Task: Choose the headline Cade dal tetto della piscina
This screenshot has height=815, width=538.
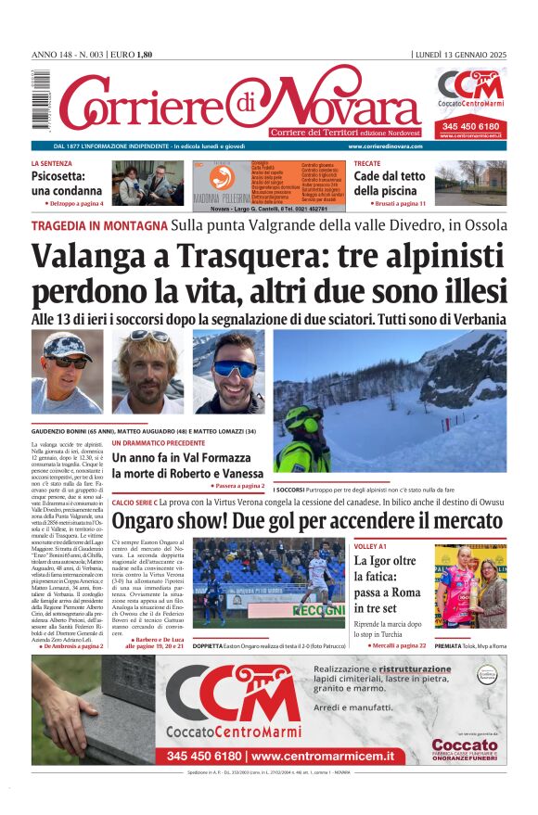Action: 390,183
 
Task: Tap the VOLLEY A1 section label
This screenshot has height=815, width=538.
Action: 370,546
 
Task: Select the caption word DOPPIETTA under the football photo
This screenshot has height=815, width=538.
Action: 214,645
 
